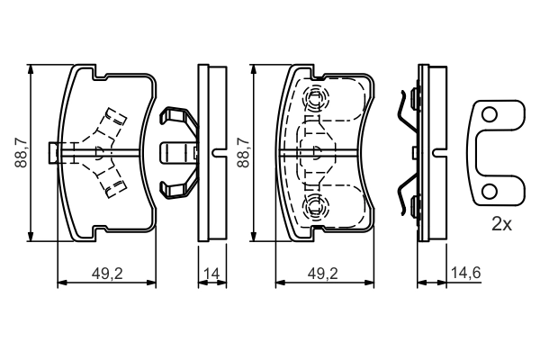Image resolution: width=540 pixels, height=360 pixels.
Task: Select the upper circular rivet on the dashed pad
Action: (x=316, y=98)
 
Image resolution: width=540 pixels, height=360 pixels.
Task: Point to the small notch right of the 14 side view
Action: (x=221, y=151)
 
